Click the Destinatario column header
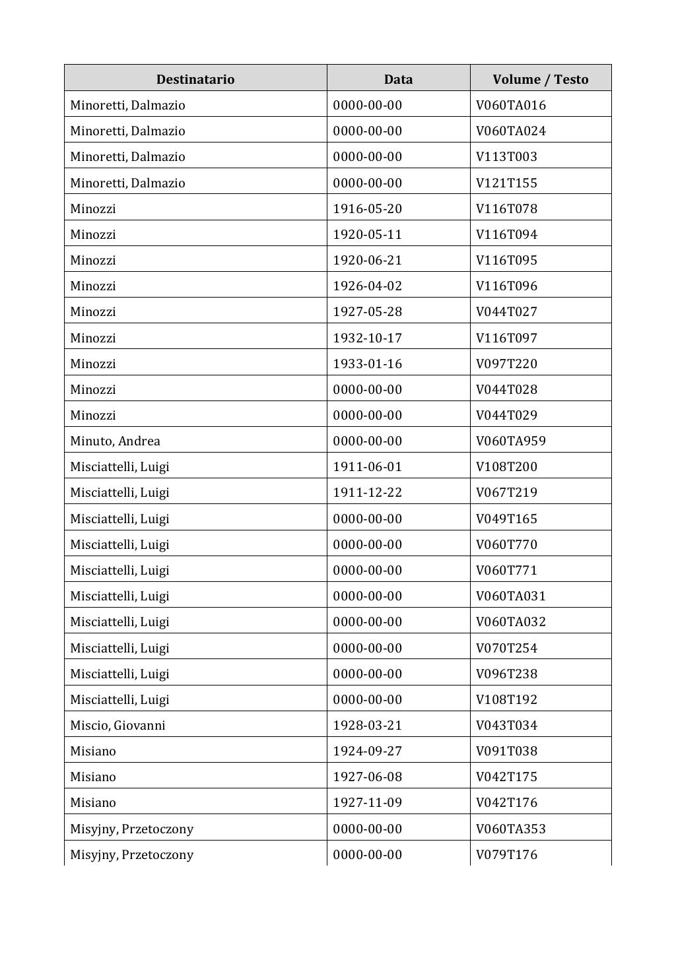[x=195, y=79]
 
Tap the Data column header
[x=398, y=79]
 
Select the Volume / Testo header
[x=540, y=79]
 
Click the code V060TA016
[x=510, y=105]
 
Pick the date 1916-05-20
[x=367, y=208]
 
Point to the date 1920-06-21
[x=367, y=260]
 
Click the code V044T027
[x=506, y=311]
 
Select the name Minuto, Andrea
[x=115, y=441]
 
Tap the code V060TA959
[x=510, y=441]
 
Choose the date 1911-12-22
[x=367, y=492]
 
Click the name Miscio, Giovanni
[x=118, y=725]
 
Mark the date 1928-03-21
[x=367, y=725]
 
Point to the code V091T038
[x=506, y=751]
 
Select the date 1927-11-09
[x=367, y=802]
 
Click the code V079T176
[x=506, y=854]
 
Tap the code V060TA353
[x=510, y=829]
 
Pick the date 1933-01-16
[x=367, y=364]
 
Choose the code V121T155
[x=506, y=183]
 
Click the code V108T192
[x=506, y=699]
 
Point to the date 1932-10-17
[x=367, y=338]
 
